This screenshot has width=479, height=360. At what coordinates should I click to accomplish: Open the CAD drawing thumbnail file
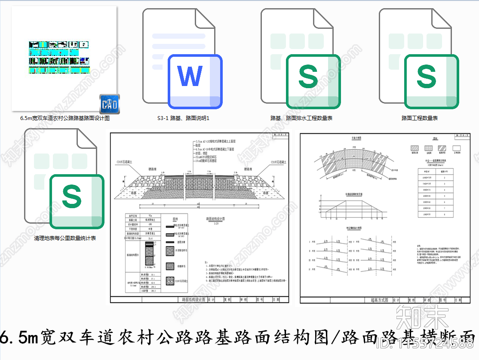pos(64,58)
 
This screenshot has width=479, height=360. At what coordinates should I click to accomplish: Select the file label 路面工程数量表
pos(419,118)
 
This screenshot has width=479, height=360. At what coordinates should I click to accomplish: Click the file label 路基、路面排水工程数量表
pos(301,118)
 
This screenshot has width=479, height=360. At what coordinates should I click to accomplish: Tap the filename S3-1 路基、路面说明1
pos(183,118)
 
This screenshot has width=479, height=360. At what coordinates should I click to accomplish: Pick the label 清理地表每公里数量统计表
pos(65,238)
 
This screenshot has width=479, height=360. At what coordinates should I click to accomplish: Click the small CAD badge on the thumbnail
pos(109,105)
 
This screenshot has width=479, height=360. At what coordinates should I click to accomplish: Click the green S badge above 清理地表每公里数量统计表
pos(77,201)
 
